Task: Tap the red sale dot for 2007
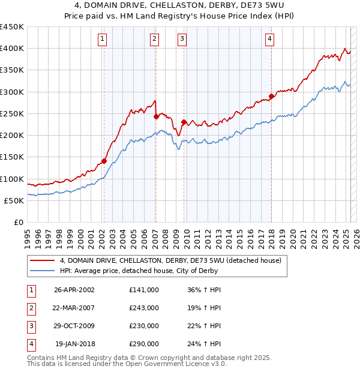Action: click(x=156, y=116)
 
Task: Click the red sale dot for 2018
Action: click(x=271, y=96)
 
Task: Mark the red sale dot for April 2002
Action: click(x=104, y=161)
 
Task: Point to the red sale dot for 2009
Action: click(x=184, y=122)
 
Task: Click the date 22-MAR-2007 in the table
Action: click(x=74, y=307)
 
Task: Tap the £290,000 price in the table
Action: click(x=143, y=344)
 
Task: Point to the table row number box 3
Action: click(x=29, y=326)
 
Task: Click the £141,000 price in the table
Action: click(x=143, y=289)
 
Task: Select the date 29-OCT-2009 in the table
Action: click(x=74, y=326)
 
